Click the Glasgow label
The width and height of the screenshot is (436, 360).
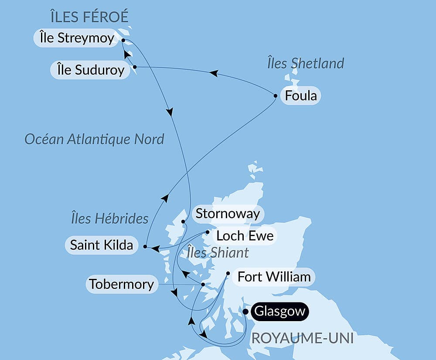[x=279, y=312]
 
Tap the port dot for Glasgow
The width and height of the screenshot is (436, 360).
[x=246, y=312]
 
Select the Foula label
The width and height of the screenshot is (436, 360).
[x=300, y=96]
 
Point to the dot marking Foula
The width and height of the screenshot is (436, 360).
[x=275, y=96]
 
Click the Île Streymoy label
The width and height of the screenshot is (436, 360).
[x=74, y=38]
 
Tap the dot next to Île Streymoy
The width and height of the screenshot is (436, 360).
[x=123, y=40]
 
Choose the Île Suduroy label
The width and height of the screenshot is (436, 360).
[x=91, y=70]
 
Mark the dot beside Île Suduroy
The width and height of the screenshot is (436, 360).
[x=135, y=67]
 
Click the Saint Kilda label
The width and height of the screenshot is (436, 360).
[x=102, y=245]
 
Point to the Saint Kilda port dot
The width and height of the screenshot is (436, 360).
[x=145, y=247]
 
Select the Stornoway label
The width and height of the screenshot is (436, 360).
[x=228, y=214]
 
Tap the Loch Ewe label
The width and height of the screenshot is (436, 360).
[x=245, y=236]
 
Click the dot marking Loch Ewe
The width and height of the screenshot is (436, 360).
[x=208, y=232]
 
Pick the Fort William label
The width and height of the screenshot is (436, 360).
[x=274, y=277]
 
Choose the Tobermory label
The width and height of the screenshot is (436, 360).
[x=121, y=285]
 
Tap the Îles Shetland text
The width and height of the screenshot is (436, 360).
[x=305, y=63]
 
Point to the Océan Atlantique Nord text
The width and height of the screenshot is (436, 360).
[x=94, y=139]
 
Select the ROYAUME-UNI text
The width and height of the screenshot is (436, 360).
[x=301, y=338]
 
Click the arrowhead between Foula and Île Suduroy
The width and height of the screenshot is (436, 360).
[x=213, y=73]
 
